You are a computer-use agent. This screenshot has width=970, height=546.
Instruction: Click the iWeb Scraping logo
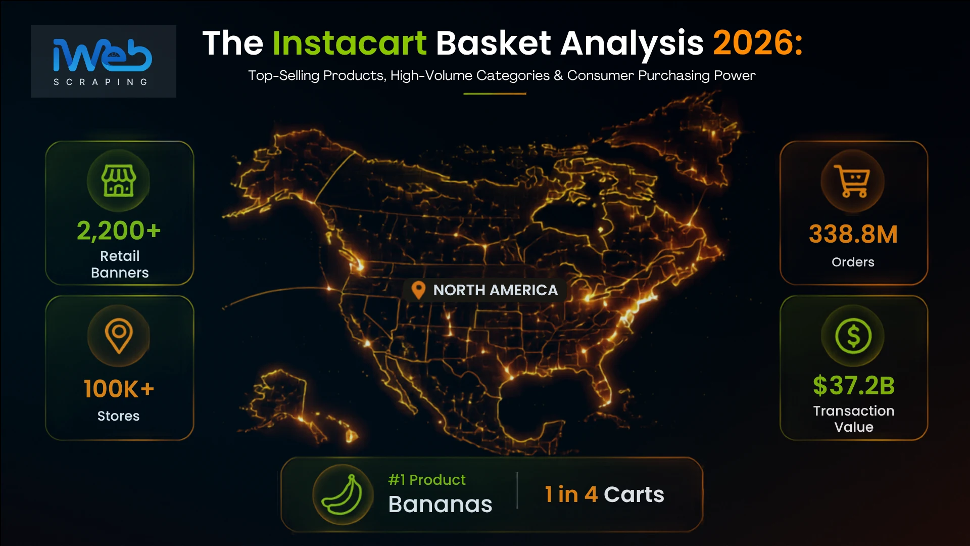click(x=103, y=61)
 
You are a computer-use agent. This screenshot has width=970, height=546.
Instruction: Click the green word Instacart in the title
click(x=350, y=43)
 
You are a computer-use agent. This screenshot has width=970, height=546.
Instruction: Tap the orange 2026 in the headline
click(x=757, y=43)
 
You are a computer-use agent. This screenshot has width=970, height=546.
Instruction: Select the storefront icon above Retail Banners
click(x=119, y=180)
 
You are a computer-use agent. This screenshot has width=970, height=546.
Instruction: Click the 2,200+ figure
click(x=119, y=231)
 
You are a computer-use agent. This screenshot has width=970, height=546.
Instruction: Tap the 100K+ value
click(x=119, y=389)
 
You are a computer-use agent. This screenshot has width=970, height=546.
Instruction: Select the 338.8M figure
click(x=853, y=234)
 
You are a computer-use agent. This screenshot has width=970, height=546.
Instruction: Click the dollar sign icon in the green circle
click(x=853, y=336)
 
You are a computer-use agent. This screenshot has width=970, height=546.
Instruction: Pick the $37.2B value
click(x=854, y=385)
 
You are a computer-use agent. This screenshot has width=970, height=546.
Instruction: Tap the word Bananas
click(x=440, y=504)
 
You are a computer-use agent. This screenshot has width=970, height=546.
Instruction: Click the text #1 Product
click(x=427, y=480)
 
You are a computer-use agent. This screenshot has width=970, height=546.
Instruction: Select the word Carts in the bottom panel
click(x=634, y=494)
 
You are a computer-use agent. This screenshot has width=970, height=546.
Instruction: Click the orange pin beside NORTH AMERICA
click(x=418, y=290)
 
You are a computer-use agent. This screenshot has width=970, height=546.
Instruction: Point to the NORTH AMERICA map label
click(x=496, y=290)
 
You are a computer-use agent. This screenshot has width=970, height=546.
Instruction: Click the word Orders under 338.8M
click(x=853, y=262)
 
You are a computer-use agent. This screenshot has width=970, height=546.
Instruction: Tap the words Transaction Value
click(x=854, y=419)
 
